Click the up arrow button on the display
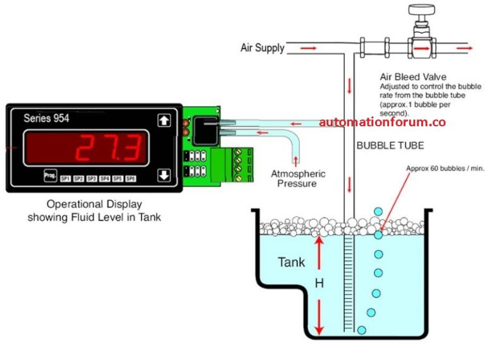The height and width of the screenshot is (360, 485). point(164,120)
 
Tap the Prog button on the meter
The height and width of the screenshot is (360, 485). point(49,176)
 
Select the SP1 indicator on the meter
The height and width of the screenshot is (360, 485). point(65,179)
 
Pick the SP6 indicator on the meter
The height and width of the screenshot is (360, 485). point(131,179)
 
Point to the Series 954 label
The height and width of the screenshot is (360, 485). point(46,117)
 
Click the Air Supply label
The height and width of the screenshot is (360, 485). point(262,48)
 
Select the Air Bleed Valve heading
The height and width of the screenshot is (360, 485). point(412,76)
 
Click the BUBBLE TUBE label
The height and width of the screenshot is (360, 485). point(390,145)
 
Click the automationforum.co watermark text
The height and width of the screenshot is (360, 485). point(382,122)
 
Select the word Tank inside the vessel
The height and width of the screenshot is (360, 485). point(291,261)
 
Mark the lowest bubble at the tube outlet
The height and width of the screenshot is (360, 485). point(361,330)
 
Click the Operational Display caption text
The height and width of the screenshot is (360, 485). point(93,210)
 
